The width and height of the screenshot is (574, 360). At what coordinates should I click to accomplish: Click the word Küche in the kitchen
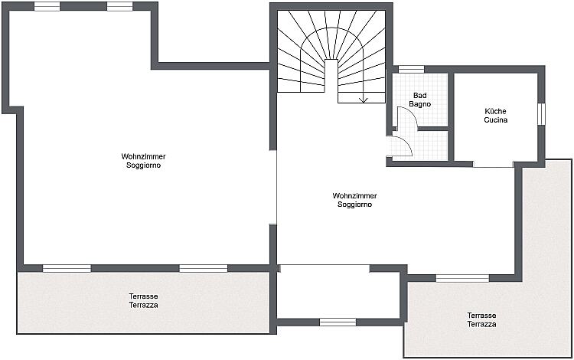pyautogui.click(x=495, y=111)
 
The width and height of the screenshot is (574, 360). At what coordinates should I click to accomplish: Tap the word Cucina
pyautogui.click(x=496, y=119)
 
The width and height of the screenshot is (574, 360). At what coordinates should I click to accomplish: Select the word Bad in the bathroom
pyautogui.click(x=420, y=96)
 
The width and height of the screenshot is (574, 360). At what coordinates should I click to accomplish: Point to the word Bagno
pyautogui.click(x=420, y=104)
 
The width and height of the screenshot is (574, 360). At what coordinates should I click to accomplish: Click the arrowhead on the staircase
pyautogui.click(x=363, y=100)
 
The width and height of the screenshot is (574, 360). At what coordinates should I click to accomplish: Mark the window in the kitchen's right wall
pyautogui.click(x=541, y=114)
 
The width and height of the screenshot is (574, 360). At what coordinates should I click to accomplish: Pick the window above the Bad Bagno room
pyautogui.click(x=411, y=69)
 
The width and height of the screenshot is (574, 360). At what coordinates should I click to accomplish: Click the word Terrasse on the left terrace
pyautogui.click(x=144, y=296)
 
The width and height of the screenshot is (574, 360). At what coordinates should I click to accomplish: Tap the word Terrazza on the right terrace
pyautogui.click(x=481, y=324)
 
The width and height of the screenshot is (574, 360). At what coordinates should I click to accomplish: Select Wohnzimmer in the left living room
pyautogui.click(x=144, y=156)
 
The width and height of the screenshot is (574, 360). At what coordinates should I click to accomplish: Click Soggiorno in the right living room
pyautogui.click(x=354, y=205)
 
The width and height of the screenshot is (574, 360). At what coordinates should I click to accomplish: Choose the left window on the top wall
pyautogui.click(x=47, y=6)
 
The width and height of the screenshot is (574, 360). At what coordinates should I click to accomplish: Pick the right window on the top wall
pyautogui.click(x=119, y=6)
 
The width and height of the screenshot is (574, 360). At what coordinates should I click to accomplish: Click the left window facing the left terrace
pyautogui.click(x=67, y=268)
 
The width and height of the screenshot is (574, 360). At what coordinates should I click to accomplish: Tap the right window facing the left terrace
pyautogui.click(x=203, y=268)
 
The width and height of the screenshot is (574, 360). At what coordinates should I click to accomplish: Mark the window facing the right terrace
pyautogui.click(x=462, y=278)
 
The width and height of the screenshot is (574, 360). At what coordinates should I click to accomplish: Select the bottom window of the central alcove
pyautogui.click(x=338, y=322)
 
